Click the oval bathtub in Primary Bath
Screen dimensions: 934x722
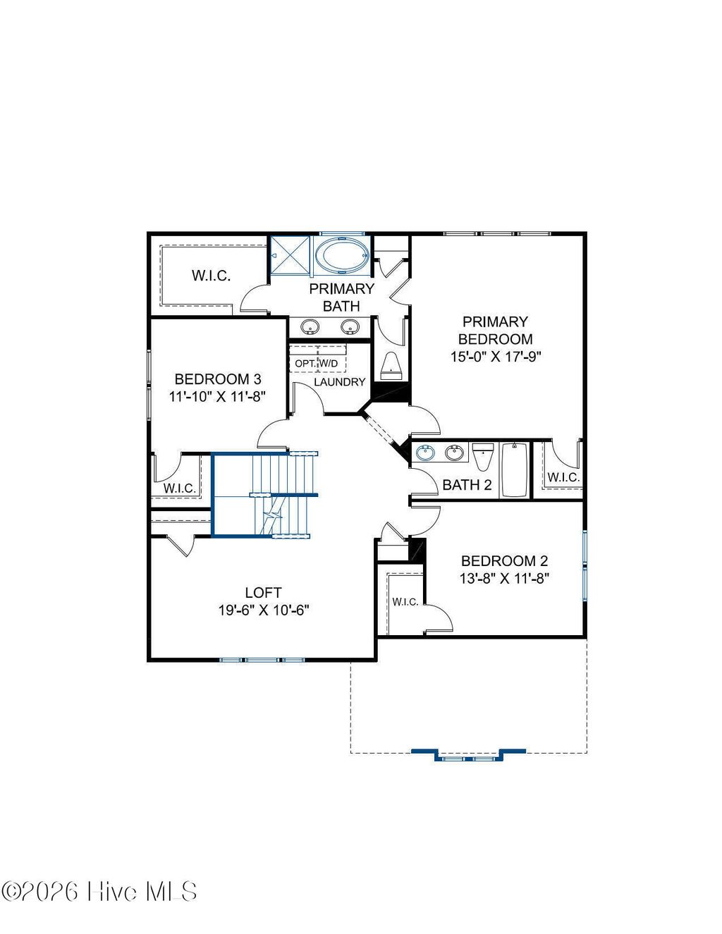[341, 255]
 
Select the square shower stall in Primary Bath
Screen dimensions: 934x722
[290, 257]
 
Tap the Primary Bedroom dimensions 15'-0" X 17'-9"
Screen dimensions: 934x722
[495, 357]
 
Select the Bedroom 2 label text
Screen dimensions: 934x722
[504, 561]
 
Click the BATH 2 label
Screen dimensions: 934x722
[467, 485]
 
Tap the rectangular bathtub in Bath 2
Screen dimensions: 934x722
[514, 470]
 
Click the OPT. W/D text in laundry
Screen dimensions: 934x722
[317, 364]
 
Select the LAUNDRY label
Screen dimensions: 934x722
[339, 382]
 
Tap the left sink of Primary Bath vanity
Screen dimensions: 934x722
[310, 327]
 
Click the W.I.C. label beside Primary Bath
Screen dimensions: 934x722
[211, 276]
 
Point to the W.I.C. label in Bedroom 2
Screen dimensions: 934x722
[405, 602]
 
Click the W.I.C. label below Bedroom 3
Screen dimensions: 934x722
[179, 488]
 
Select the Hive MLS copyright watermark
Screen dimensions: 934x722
[99, 892]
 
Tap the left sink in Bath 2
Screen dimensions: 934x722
[426, 453]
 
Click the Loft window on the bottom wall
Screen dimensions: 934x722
[262, 660]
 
